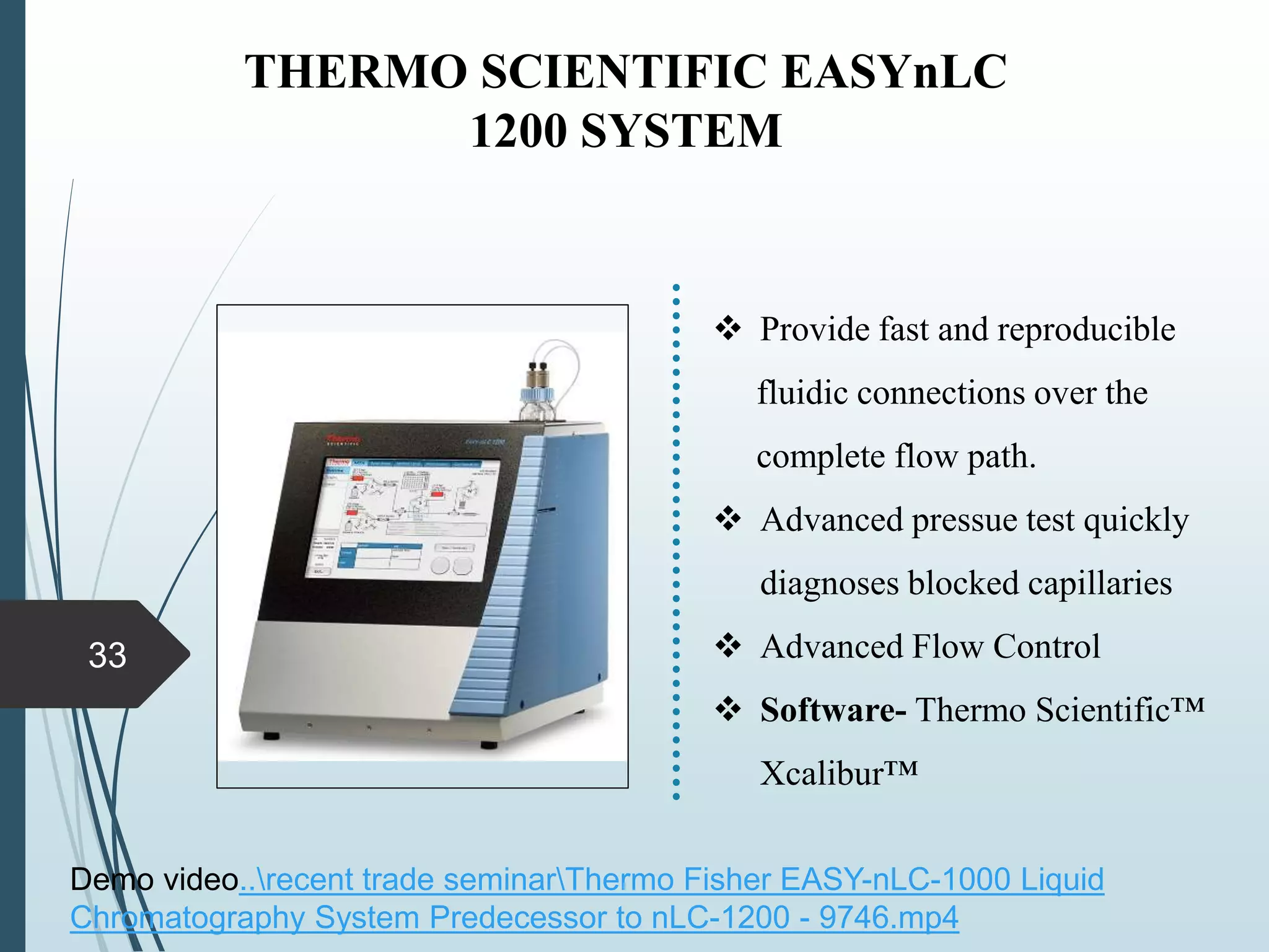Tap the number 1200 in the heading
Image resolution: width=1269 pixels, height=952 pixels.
[518, 131]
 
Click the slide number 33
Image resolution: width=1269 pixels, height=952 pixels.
[107, 655]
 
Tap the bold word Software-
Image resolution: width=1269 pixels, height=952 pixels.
[833, 710]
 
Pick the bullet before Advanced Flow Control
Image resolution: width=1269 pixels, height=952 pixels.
[728, 646]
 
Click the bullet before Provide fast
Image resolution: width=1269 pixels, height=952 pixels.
[728, 328]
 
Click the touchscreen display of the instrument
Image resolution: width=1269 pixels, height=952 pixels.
[403, 519]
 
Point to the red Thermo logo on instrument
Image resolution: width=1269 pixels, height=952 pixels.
[343, 441]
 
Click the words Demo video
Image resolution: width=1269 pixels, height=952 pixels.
[154, 879]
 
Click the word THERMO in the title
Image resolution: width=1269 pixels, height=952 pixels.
[356, 72]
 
